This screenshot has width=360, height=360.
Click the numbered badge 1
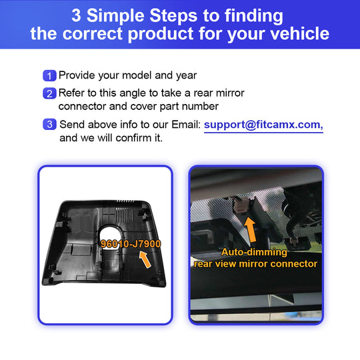click(49, 75)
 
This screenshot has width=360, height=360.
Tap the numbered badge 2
click(49, 93)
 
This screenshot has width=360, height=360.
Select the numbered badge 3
click(49, 124)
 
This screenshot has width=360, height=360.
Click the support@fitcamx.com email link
click(263, 125)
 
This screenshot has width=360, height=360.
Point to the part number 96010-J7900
click(131, 244)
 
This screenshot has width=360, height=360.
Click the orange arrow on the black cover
click(145, 259)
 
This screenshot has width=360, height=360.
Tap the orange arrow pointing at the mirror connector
click(250, 230)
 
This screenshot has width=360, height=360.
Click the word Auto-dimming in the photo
click(254, 252)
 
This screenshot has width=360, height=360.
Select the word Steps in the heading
click(173, 15)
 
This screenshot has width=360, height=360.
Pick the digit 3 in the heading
click(76, 15)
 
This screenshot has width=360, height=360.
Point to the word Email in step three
click(186, 125)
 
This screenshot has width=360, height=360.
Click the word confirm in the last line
click(131, 138)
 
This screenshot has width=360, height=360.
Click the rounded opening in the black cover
click(110, 234)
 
